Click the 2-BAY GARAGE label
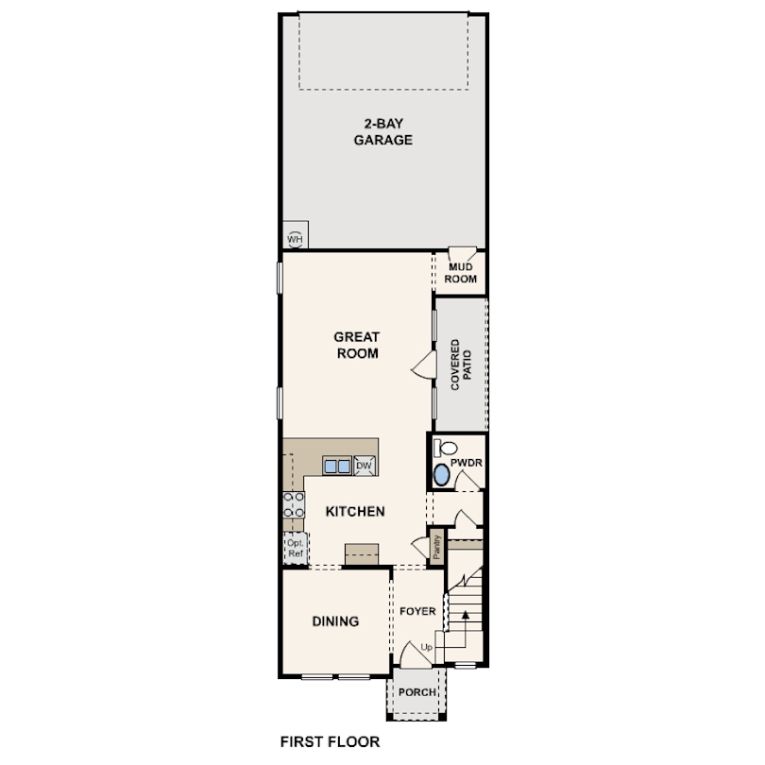pyautogui.click(x=383, y=130)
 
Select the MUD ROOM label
pyautogui.click(x=462, y=273)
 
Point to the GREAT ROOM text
pyautogui.click(x=356, y=346)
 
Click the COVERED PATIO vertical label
pyautogui.click(x=460, y=365)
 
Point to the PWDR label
pyautogui.click(x=467, y=464)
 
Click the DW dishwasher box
pyautogui.click(x=364, y=465)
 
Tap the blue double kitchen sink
pyautogui.click(x=336, y=465)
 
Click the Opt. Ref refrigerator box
pyautogui.click(x=295, y=549)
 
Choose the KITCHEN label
pyautogui.click(x=355, y=512)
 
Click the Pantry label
pyautogui.click(x=437, y=548)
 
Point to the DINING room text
pyautogui.click(x=335, y=621)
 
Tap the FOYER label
pyautogui.click(x=416, y=611)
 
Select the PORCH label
pyautogui.click(x=416, y=692)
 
